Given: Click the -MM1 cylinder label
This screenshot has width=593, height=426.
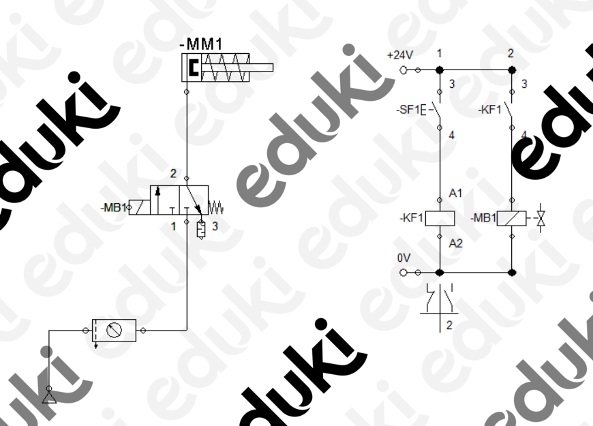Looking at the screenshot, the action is tap(201, 44).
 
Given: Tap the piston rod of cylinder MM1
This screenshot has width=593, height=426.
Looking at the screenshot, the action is tap(237, 67).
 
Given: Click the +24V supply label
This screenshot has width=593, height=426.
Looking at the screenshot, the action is tap(399, 55).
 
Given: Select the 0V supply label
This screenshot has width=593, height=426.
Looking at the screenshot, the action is tap(404, 258).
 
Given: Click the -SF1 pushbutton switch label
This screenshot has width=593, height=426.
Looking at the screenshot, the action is tap(408, 110).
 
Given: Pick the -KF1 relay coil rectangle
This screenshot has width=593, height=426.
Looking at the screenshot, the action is tap(440, 218).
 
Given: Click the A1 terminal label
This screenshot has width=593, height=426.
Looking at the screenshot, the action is tap(455, 194).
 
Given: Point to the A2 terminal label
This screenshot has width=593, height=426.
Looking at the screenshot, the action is tap(456, 243).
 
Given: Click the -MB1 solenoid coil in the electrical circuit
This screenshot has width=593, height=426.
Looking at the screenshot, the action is tap(511, 218).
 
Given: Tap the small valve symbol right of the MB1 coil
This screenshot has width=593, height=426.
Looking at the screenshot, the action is tap(541, 218).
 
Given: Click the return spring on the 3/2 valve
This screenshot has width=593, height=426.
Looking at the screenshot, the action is tap(216, 208).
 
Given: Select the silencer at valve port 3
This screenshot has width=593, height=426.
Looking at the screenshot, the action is tap(201, 230).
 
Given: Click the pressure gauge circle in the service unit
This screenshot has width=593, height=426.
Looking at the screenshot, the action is tap(114, 330).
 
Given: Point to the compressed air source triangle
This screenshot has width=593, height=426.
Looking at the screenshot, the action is tap(49, 397).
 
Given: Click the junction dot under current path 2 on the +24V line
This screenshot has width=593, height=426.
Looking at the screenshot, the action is tap(512, 70).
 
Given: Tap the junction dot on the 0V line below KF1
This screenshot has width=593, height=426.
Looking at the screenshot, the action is tap(440, 273).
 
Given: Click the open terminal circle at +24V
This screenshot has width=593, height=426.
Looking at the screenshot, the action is tap(404, 70).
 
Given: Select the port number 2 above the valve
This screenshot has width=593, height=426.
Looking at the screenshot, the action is tap(173, 174).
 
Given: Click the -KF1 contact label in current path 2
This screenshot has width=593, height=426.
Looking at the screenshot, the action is tap(490, 110).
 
